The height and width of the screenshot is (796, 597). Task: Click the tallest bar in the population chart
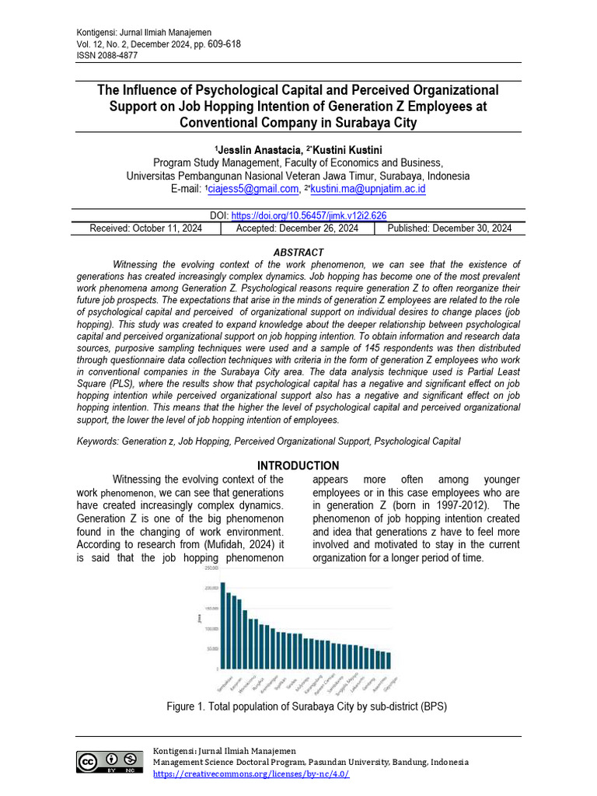pyautogui.click(x=222, y=625)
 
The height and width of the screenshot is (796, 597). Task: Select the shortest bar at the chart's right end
pyautogui.click(x=389, y=660)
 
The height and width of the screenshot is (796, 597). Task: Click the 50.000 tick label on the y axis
pyautogui.click(x=212, y=648)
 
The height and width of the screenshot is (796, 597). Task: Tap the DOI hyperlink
pyautogui.click(x=309, y=216)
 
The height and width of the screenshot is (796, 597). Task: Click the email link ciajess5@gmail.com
pyautogui.click(x=253, y=189)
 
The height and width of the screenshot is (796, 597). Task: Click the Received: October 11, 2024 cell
pyautogui.click(x=147, y=229)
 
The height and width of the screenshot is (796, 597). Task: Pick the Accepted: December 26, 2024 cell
pyautogui.click(x=297, y=229)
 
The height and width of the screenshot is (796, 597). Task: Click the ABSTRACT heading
pyautogui.click(x=298, y=253)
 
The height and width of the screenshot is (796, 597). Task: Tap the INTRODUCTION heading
pyautogui.click(x=298, y=466)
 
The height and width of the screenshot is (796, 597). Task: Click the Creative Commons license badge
pyautogui.click(x=110, y=761)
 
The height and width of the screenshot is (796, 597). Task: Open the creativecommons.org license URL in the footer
pyautogui.click(x=251, y=773)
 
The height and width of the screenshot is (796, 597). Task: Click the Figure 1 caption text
pyautogui.click(x=306, y=707)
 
